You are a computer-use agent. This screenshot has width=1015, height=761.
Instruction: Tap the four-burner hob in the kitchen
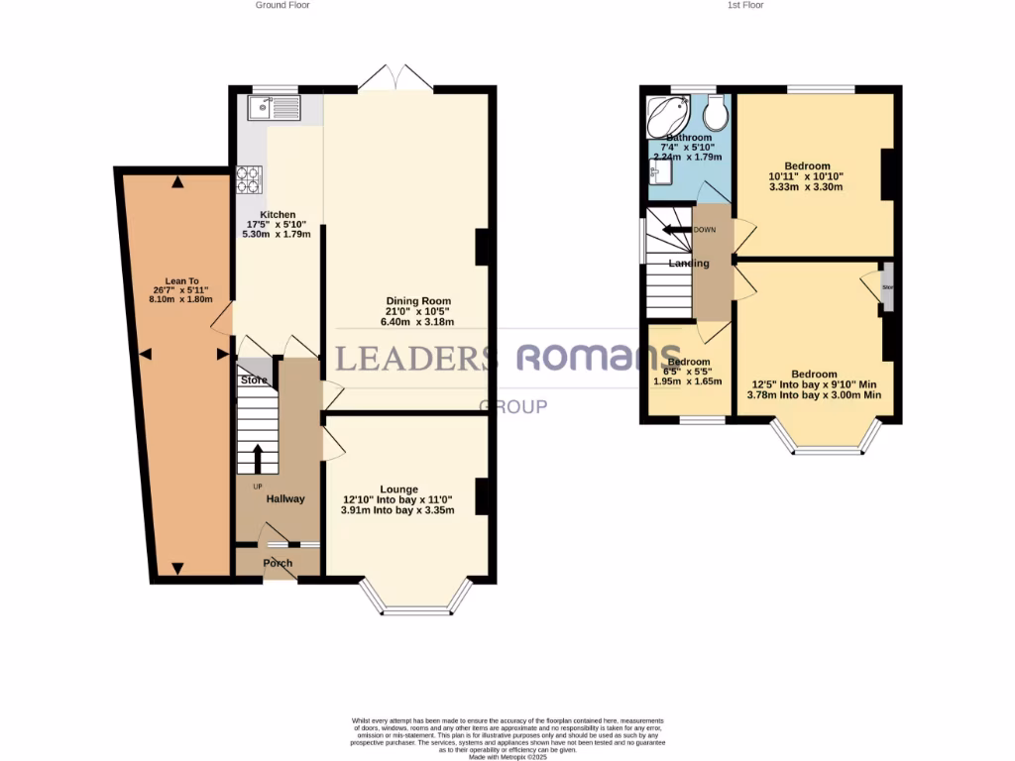(x=248, y=178)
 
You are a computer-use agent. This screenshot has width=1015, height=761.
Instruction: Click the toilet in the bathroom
(x=719, y=115)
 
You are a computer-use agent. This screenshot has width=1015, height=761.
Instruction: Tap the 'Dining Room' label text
(x=418, y=301)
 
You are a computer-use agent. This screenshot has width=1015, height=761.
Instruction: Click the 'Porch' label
(x=278, y=563)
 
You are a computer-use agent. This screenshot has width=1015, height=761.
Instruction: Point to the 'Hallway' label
(x=285, y=498)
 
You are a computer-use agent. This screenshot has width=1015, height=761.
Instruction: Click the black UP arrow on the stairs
(x=258, y=459)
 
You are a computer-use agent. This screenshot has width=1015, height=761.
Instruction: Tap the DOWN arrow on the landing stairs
(x=677, y=230)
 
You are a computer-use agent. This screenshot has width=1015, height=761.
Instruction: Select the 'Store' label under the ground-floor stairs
(x=254, y=380)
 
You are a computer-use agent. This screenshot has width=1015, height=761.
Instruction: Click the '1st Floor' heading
(x=745, y=5)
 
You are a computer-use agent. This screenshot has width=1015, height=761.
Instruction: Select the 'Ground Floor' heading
(x=283, y=5)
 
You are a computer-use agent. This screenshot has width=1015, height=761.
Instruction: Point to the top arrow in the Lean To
(x=176, y=181)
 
